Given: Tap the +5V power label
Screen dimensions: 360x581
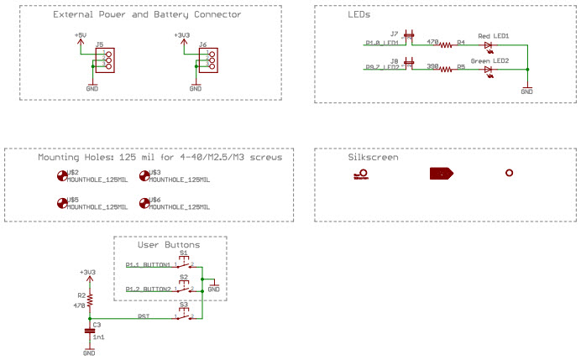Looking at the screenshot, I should click(80, 35).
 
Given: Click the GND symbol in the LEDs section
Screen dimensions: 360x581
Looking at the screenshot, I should click(526, 88).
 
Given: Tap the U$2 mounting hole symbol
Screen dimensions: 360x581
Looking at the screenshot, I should click(60, 175).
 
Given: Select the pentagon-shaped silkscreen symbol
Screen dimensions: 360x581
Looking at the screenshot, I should click(442, 174).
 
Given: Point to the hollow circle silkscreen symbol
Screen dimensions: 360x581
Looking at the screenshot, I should click(509, 173).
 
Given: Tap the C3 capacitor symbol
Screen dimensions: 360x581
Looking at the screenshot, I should click(90, 331).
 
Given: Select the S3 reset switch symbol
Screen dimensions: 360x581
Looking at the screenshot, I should click(183, 316).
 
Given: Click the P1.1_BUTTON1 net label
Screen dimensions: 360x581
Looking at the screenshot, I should click(148, 264).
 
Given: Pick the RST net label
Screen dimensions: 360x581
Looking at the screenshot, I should click(144, 316).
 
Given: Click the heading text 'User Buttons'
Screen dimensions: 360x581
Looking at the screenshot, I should click(170, 245).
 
